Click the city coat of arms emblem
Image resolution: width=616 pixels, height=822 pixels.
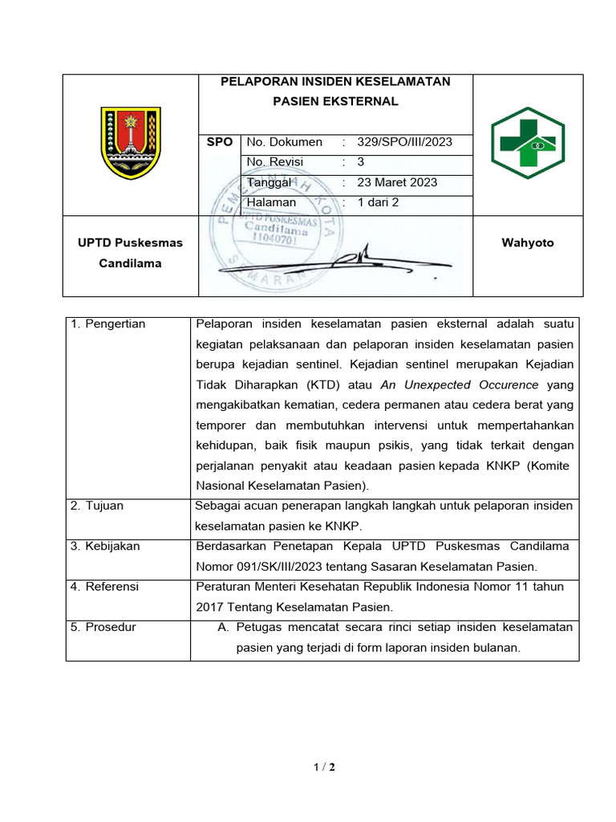131,144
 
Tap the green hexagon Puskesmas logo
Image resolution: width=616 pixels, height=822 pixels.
528,143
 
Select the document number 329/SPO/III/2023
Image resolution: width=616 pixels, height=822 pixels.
405,142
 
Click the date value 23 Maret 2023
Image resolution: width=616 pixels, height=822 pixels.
398,182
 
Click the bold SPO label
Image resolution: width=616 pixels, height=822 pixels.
220,142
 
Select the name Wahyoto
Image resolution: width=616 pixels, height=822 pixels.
527,242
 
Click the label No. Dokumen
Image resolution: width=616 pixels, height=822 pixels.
285,142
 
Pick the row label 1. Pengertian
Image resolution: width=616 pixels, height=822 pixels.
108,324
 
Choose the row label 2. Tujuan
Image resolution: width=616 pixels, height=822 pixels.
97,506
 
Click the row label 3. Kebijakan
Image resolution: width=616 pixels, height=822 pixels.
105,546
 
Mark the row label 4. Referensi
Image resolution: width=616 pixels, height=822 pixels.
104,587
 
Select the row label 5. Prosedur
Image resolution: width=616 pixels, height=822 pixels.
103,627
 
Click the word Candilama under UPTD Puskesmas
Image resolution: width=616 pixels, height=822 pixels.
131,263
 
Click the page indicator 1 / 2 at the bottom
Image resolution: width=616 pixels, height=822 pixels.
324,767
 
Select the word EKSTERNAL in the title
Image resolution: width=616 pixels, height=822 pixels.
365,102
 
